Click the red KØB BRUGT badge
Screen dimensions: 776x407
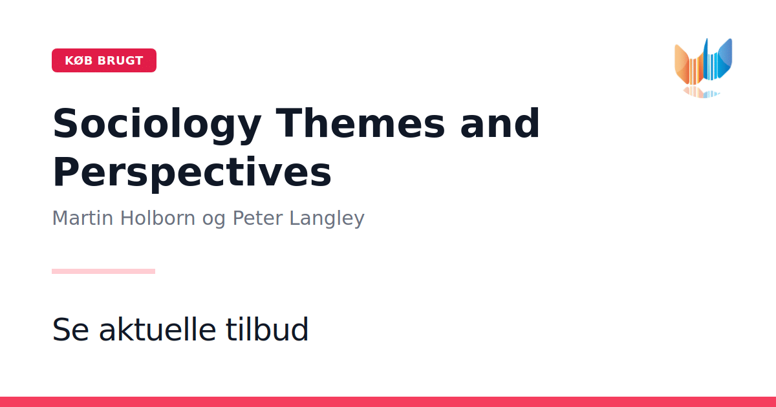pos(104,60)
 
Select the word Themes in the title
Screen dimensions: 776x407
pos(360,123)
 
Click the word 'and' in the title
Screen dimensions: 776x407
pos(500,123)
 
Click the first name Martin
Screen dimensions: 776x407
pos(83,218)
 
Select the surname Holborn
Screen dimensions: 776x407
pos(158,218)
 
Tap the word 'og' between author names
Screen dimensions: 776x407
pos(213,220)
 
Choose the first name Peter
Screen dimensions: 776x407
pos(257,218)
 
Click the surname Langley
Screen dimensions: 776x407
pos(327,219)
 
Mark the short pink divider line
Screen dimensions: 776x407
pos(103,271)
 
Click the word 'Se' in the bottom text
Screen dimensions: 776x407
pos(70,329)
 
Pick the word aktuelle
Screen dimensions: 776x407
pos(158,329)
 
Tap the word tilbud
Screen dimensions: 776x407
pos(267,329)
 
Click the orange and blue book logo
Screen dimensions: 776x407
pos(704,68)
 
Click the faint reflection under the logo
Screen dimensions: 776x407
pos(702,92)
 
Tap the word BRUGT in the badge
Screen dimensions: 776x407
pos(120,61)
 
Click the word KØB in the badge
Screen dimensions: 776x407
pos(79,61)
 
